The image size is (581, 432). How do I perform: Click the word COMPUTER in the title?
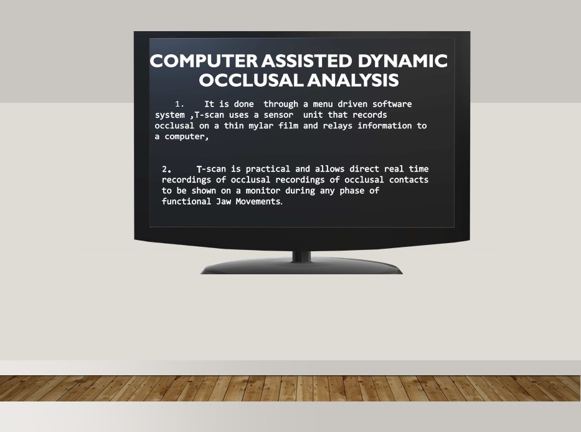click(204, 61)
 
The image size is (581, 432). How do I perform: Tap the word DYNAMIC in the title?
click(403, 61)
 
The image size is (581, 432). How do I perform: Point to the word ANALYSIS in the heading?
click(353, 80)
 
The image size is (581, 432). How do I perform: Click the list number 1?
click(179, 104)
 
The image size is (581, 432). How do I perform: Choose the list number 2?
click(167, 170)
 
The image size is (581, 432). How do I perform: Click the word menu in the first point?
click(323, 104)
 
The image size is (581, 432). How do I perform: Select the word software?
click(392, 104)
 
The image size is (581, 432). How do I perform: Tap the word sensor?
click(278, 115)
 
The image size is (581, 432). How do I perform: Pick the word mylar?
click(261, 126)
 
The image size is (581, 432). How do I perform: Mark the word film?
click(288, 126)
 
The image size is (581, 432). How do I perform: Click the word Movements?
click(259, 201)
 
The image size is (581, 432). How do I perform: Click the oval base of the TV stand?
click(301, 267)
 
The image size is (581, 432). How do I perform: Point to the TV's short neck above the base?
click(301, 256)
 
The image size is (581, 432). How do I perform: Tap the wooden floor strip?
click(290, 388)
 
